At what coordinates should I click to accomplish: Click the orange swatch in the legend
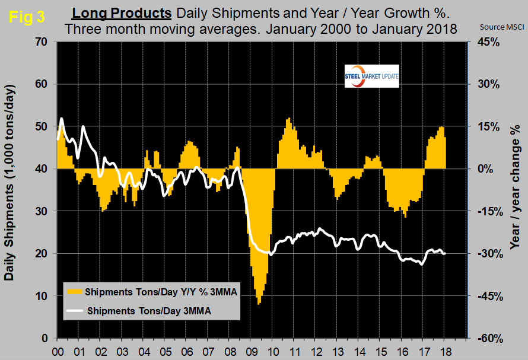[74, 292]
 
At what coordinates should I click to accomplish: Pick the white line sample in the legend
[74, 310]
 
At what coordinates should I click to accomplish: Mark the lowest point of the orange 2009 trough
[259, 304]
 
